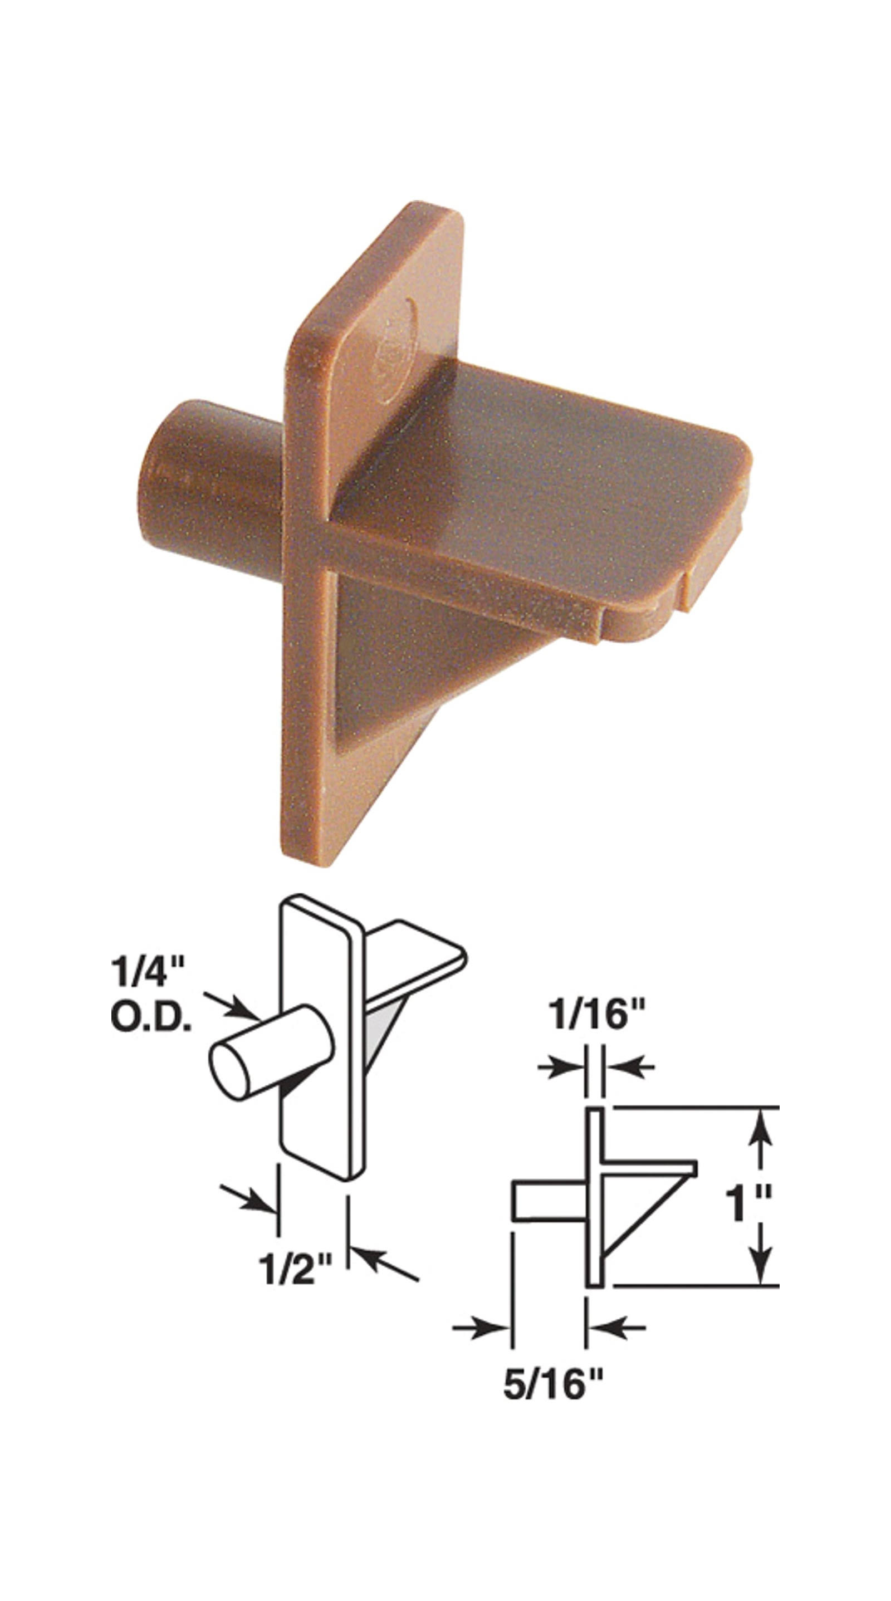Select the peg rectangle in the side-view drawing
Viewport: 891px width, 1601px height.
click(548, 1201)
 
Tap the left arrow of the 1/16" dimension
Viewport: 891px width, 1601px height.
click(562, 1066)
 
